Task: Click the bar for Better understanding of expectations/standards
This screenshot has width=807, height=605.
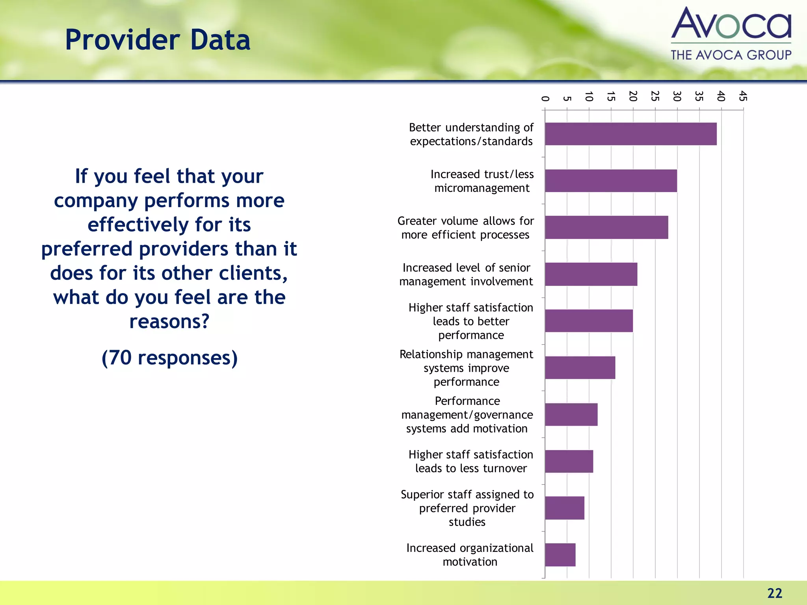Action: pos(630,134)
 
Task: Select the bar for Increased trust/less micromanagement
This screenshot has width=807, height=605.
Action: pos(611,181)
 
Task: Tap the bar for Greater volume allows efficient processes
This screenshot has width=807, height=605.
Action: pos(606,227)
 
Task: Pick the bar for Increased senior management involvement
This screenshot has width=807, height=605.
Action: pos(591,274)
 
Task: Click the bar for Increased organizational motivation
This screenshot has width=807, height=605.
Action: pos(560,555)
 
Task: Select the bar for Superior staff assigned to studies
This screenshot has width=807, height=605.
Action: pos(565,508)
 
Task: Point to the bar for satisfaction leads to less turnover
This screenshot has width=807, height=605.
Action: pos(569,461)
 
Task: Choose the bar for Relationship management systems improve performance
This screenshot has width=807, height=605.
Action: pos(580,367)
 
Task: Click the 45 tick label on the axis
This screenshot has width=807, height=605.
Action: pos(743,96)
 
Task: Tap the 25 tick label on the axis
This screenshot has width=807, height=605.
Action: pos(655,96)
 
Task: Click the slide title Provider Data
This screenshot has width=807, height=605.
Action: pos(158,40)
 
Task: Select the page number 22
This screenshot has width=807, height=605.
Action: pos(774,593)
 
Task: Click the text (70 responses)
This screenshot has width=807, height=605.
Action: pos(169,358)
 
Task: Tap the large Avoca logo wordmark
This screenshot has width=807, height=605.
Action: pos(731,24)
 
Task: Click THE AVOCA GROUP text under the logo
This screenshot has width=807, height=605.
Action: pos(731,55)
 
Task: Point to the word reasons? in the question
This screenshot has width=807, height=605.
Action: pos(169,321)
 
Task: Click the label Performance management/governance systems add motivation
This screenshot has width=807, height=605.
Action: pos(467,415)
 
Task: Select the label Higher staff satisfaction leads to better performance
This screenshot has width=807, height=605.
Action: pos(471,321)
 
